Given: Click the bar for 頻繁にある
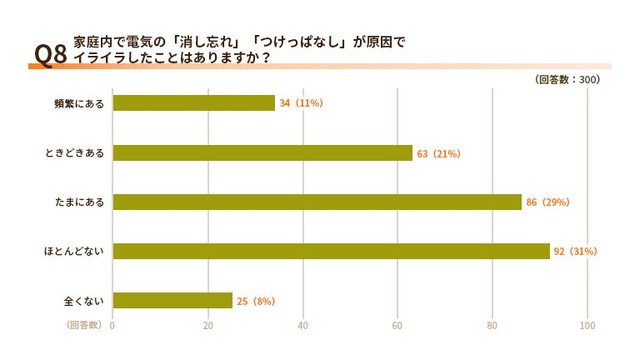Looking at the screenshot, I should point(193,103).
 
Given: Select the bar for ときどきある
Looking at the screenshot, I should point(262,153).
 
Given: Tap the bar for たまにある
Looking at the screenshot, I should point(317,202).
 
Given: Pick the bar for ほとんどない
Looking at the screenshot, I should point(331,251).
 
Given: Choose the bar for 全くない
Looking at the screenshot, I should point(172,300).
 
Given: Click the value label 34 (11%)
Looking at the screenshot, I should point(301,103).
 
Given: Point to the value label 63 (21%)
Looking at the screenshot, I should point(438,153).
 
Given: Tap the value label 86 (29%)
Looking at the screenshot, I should point(547,202).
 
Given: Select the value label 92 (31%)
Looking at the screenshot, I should point(575,251).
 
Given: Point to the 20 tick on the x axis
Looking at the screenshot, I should point(208,325).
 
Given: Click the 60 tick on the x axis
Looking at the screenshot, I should point(398,325).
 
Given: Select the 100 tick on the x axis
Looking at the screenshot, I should point(587,325).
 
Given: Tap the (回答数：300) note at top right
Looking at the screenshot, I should point(567,79).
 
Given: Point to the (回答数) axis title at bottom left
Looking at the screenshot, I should point(84,325).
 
